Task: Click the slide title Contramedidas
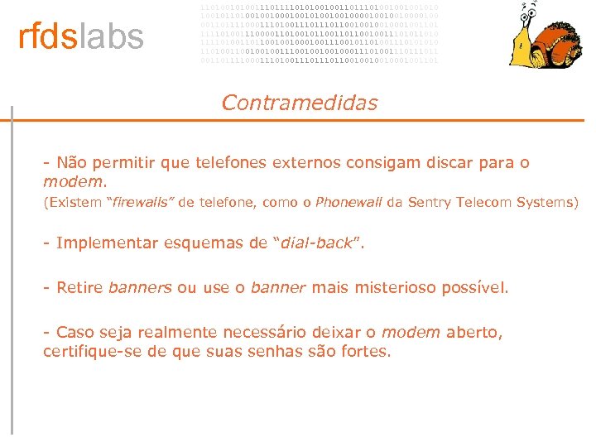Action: click(300, 103)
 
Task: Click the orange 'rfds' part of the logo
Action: click(48, 37)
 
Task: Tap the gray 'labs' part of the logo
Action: click(111, 37)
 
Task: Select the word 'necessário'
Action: click(276, 332)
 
